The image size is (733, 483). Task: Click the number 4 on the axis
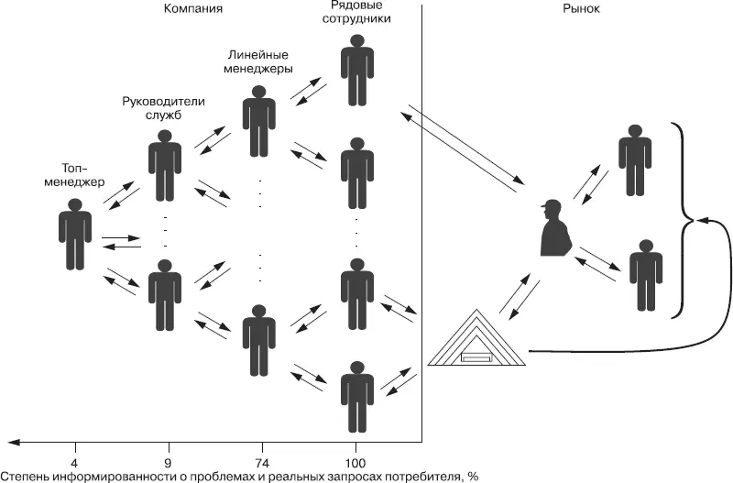tap(74, 461)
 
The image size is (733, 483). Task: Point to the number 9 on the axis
tap(167, 461)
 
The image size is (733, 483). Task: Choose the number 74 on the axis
tap(259, 461)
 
